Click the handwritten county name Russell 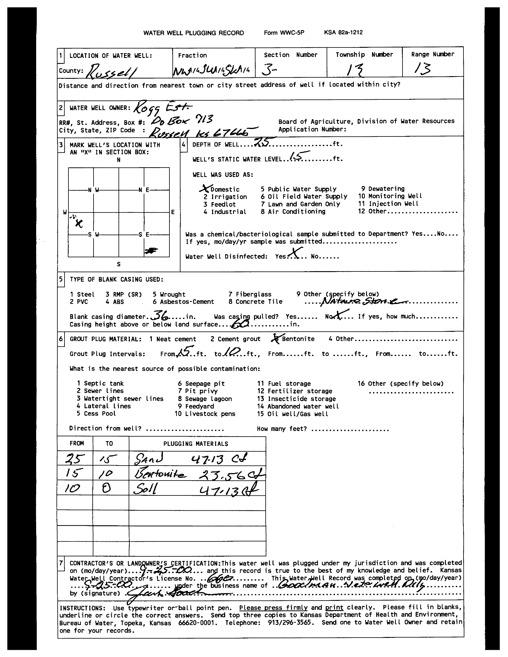tap(112, 71)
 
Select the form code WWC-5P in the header tap(284, 33)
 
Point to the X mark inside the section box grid tap(79, 223)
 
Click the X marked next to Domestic tap(205, 189)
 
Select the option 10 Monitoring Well tap(390, 196)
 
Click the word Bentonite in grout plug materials tap(298, 339)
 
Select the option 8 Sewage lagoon tap(205, 399)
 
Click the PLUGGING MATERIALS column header tap(196, 444)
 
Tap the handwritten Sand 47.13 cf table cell tap(197, 459)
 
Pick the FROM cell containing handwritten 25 tap(75, 459)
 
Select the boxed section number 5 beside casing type tap(61, 279)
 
